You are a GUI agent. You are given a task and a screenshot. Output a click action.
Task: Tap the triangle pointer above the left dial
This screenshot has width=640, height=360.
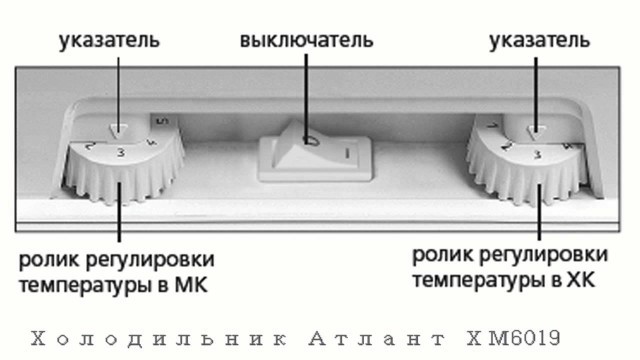click(x=120, y=128)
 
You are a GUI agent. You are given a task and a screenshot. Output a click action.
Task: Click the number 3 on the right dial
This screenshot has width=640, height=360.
click(x=537, y=155)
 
